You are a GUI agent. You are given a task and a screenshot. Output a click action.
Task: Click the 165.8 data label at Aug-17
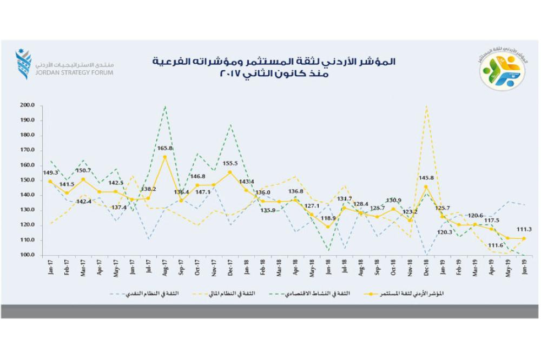(x=164, y=148)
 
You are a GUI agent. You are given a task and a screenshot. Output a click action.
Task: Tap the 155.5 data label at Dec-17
(x=230, y=163)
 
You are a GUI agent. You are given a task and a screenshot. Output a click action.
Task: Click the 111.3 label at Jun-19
(x=524, y=229)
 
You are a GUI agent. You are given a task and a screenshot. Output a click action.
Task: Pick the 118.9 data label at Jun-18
(x=328, y=218)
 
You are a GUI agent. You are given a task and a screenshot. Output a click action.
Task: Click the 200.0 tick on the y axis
(x=28, y=105)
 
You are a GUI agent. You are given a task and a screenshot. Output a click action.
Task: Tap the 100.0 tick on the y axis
(x=28, y=255)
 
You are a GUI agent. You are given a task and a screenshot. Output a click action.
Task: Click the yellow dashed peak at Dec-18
(x=426, y=106)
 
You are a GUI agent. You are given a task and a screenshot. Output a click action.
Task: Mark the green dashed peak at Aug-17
(x=164, y=106)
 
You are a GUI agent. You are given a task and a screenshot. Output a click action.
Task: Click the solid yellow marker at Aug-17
(x=164, y=157)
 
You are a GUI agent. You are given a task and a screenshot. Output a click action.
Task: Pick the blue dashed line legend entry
(x=146, y=294)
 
